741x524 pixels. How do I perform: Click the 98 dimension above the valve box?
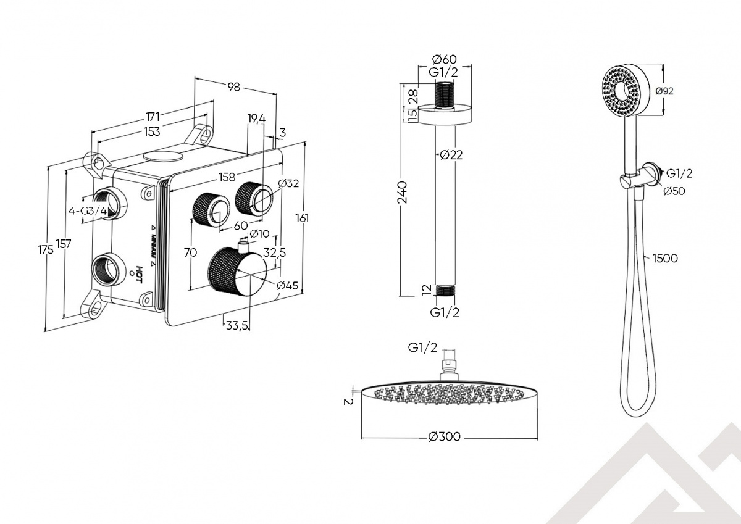233,87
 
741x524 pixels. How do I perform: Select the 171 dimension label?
153,117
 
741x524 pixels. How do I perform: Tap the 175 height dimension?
46,249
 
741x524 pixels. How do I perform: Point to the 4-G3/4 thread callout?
88,210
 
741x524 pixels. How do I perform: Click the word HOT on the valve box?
139,275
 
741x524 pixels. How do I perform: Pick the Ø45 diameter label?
288,285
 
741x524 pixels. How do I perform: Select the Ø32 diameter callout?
288,183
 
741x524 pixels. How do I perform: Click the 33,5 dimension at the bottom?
237,326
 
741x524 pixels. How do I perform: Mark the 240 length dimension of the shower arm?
403,192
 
